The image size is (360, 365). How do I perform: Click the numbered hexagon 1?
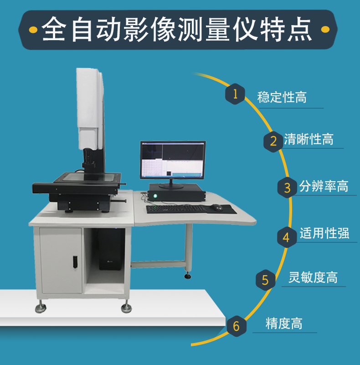235,94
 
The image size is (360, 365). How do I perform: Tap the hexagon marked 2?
273,141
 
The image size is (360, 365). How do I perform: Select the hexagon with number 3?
287,188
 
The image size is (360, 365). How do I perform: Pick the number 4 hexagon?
287,237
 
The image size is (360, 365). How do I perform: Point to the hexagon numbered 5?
265,280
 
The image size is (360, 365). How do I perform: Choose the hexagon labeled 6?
237,326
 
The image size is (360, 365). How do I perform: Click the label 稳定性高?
282,97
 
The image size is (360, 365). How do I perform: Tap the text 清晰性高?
309,139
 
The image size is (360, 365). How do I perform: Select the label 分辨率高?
324,186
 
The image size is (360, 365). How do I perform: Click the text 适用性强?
324,233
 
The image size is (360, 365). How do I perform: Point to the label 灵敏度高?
313,277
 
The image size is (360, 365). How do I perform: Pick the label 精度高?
284,323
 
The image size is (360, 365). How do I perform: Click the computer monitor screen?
173,160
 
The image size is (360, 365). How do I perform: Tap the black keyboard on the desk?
177,209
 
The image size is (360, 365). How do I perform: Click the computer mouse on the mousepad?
216,207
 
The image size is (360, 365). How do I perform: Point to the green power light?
155,196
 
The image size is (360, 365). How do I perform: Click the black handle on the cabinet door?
75,262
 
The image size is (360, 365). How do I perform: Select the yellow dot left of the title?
33,30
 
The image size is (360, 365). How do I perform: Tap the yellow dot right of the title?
325,29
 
